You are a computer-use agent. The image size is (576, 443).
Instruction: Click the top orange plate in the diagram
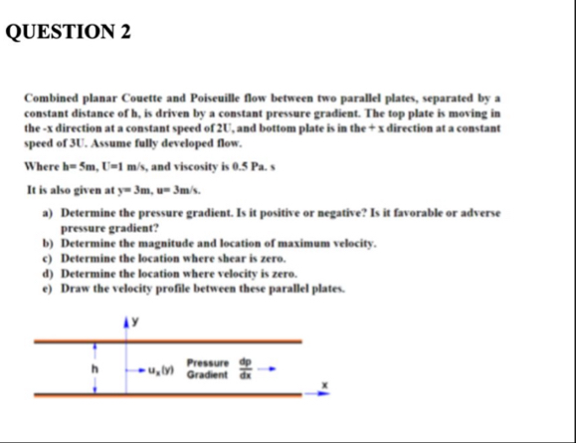coord(169,340)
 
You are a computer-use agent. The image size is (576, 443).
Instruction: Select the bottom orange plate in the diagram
coord(169,395)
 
